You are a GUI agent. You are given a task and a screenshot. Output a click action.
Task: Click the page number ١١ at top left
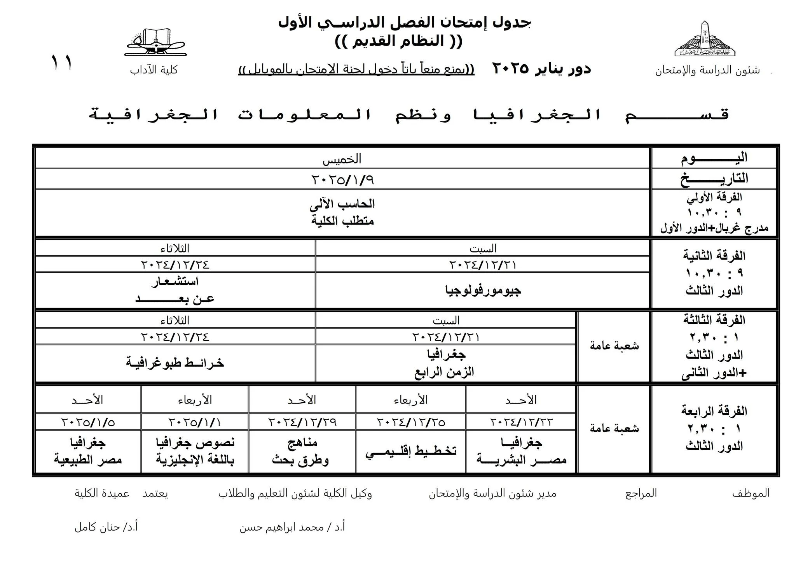(x=61, y=63)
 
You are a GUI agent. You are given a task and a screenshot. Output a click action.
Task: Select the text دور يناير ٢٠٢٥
(x=542, y=68)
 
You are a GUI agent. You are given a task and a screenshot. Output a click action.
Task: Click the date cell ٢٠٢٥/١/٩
(x=342, y=179)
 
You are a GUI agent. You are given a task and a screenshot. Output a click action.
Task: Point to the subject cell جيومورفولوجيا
(x=483, y=290)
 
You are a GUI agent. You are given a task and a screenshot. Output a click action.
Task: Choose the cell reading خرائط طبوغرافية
(x=175, y=363)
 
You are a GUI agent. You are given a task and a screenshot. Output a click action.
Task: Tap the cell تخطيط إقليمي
(x=411, y=451)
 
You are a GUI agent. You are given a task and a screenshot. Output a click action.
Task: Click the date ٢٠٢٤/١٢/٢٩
(x=302, y=422)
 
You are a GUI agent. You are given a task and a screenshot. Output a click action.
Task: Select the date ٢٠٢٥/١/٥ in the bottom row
(x=88, y=422)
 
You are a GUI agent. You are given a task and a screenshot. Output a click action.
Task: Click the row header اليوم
(x=714, y=158)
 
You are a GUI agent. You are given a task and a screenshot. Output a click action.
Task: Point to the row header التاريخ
(x=714, y=179)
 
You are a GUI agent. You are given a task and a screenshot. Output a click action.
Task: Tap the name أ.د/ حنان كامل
(x=106, y=527)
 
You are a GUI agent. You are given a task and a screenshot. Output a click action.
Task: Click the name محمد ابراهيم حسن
(x=292, y=527)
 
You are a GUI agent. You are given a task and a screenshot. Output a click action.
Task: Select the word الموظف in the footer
(x=751, y=493)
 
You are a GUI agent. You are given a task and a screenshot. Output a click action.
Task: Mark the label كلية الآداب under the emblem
(x=154, y=70)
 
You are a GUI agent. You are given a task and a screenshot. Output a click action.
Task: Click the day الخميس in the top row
(x=342, y=159)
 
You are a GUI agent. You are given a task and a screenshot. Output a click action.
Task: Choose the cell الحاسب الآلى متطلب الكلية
(x=342, y=212)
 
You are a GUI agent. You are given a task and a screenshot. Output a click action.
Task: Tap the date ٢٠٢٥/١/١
(x=195, y=422)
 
